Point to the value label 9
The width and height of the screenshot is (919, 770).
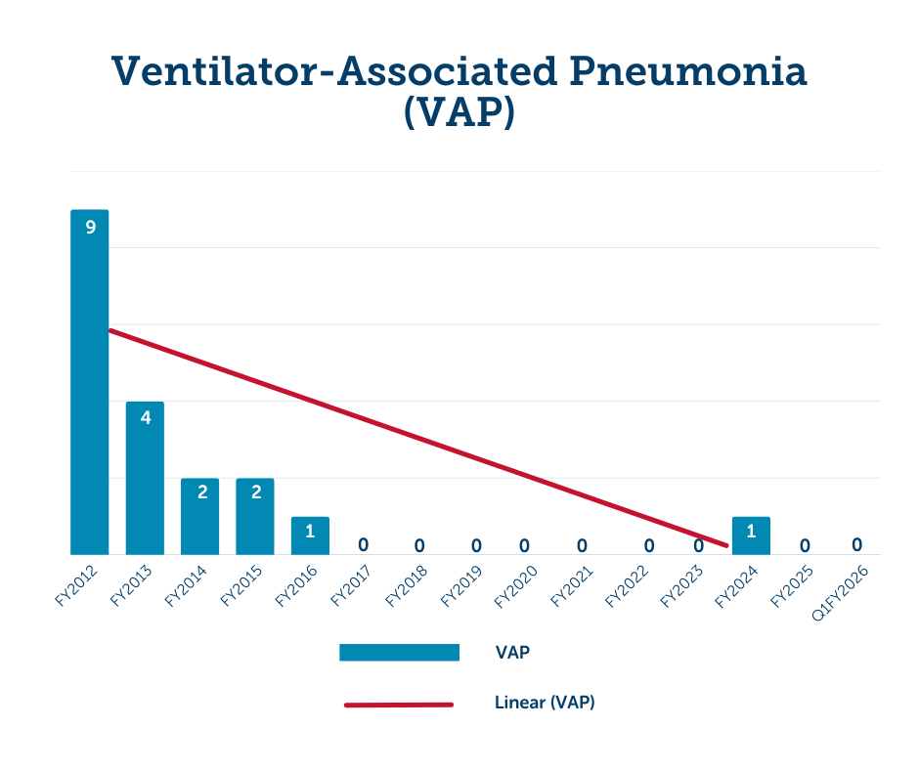[x=90, y=228]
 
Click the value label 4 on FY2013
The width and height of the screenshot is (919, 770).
[x=145, y=418]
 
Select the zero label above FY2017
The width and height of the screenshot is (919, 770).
[x=363, y=544]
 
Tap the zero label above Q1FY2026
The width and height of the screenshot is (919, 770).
[x=856, y=544]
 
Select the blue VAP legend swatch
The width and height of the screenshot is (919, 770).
[x=399, y=652]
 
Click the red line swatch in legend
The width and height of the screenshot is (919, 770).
[x=399, y=704]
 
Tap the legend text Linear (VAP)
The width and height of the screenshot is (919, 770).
[x=545, y=703]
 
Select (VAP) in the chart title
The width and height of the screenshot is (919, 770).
[x=459, y=113]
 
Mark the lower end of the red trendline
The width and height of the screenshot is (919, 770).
[x=725, y=545]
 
